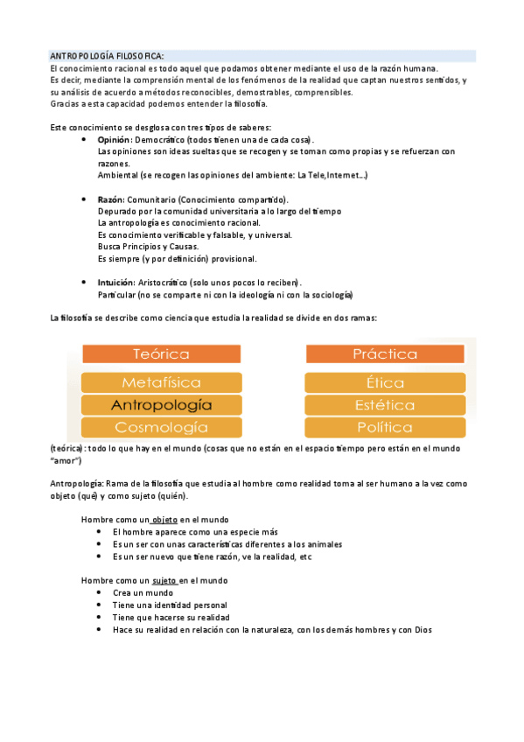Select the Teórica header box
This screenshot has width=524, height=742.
tap(161, 353)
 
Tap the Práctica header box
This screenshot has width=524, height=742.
tap(385, 353)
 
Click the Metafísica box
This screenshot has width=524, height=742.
tap(161, 382)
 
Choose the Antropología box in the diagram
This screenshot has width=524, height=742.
tap(161, 405)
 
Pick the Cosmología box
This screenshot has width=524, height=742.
tap(161, 427)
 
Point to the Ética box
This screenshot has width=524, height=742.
tap(385, 382)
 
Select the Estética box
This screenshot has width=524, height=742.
tap(385, 405)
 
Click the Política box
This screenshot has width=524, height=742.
tap(385, 427)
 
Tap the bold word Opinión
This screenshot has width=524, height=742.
tap(114, 140)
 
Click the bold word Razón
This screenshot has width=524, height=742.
tap(110, 199)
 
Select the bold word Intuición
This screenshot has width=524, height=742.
tap(116, 283)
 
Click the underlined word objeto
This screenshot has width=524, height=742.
tap(164, 520)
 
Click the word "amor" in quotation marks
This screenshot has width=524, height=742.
tap(66, 460)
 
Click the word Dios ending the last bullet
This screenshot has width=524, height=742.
tap(423, 629)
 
